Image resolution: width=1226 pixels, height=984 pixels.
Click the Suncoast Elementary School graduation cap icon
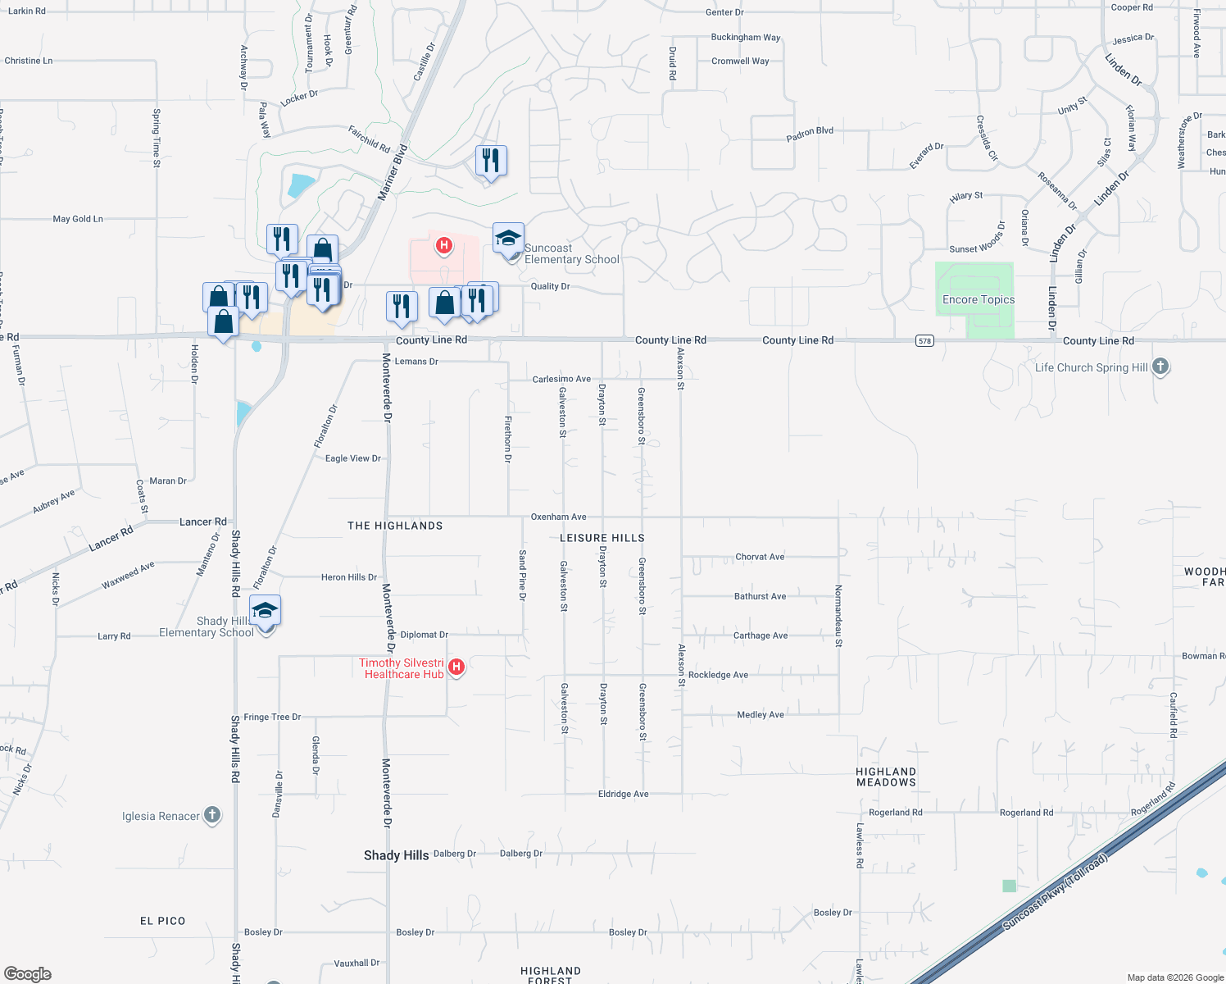508,239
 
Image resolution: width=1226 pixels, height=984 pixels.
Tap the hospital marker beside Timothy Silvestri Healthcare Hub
456,667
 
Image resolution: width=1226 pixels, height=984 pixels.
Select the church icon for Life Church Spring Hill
1160,367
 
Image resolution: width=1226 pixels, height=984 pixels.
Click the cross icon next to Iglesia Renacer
212,815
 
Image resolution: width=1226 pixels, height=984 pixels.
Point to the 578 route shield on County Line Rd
924,340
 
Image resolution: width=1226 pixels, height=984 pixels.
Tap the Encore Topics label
978,300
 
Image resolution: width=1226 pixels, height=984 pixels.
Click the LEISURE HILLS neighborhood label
602,538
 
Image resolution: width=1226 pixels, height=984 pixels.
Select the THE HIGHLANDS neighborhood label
395,526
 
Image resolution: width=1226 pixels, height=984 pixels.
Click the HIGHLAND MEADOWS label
886,777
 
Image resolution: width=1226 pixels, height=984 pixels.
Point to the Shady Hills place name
396,855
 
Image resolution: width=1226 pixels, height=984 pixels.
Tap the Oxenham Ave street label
558,517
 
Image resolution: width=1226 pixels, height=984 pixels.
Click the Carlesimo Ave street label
561,379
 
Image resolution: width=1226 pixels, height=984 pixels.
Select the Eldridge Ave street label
623,794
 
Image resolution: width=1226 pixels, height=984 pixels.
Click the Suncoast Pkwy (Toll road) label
1056,891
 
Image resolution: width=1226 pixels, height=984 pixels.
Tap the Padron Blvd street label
810,134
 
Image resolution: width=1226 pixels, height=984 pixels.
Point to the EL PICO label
162,921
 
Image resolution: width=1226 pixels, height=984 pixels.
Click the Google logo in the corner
28,974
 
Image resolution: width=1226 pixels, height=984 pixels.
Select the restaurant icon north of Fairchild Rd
491,160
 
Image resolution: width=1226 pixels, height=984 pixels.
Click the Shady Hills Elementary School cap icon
265,611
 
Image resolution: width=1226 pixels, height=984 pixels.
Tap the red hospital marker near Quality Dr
444,245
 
